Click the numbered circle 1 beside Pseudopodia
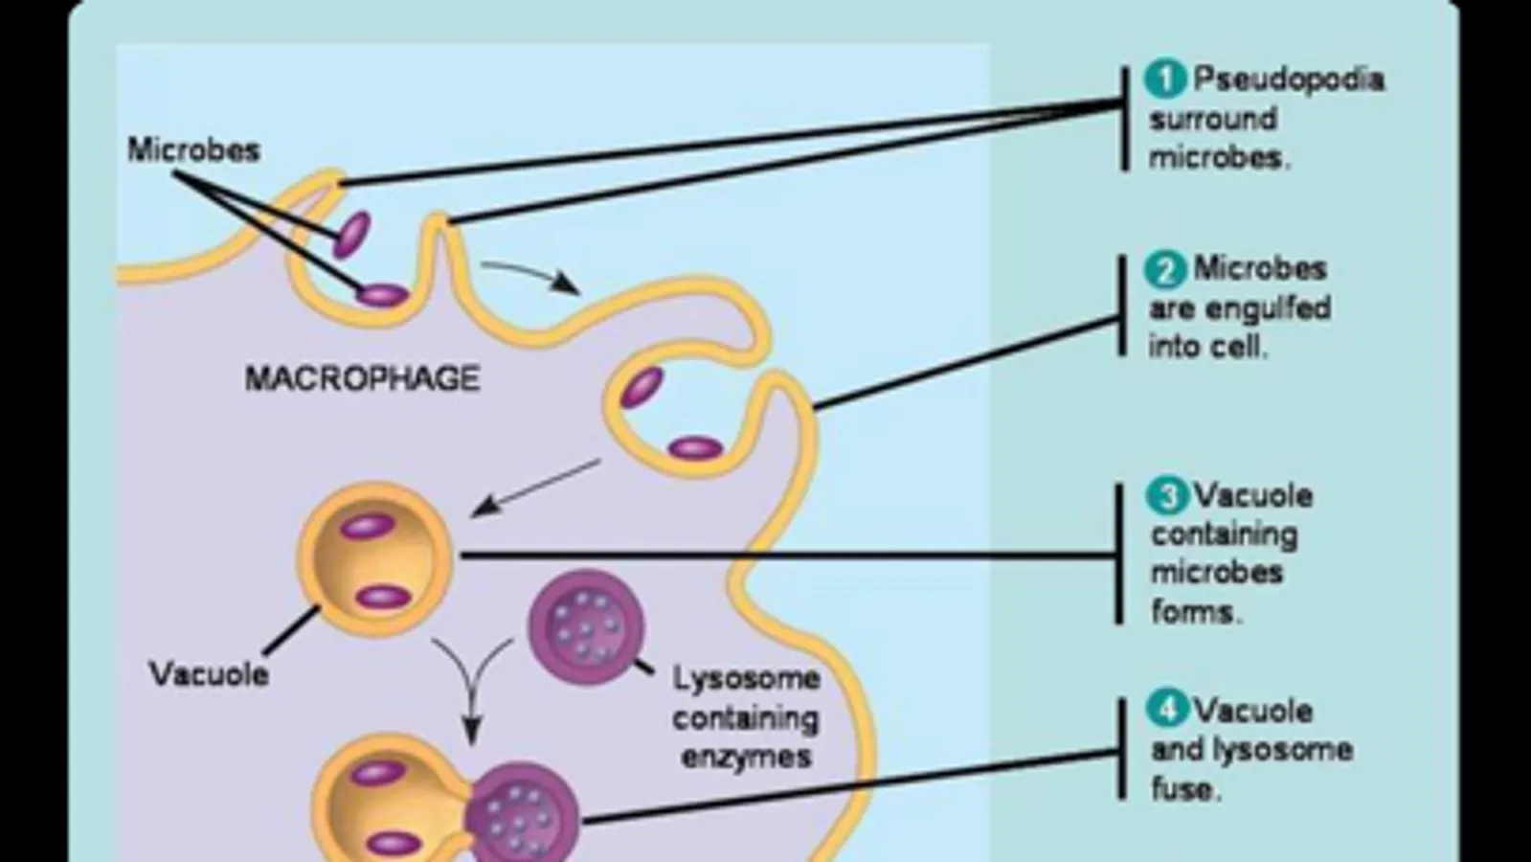point(1165,79)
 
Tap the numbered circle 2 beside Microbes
point(1165,270)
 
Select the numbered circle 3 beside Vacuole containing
point(1167,497)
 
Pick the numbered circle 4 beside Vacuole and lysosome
point(1167,712)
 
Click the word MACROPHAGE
point(362,379)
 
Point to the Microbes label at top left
point(193,150)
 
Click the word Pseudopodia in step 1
point(1288,79)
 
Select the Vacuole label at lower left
point(209,674)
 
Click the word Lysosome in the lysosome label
point(746,679)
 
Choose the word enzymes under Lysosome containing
point(746,757)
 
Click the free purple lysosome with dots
point(586,627)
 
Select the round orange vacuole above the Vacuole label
point(376,560)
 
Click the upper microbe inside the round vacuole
point(369,526)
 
